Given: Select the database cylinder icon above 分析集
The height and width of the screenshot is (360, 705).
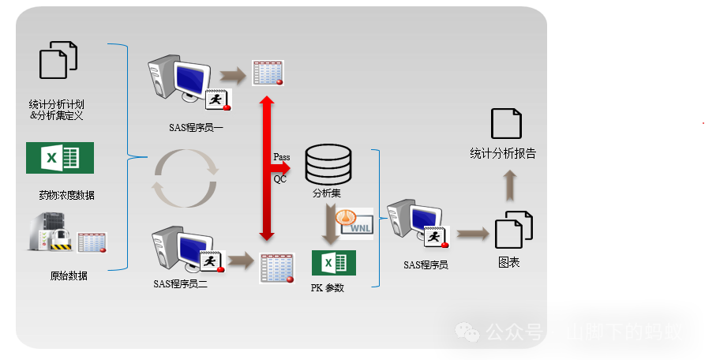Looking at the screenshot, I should (x=327, y=163).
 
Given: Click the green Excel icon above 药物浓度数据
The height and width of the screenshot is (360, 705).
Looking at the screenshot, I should (x=60, y=158).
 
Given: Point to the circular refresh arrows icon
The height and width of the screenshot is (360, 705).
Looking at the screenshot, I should (x=186, y=178).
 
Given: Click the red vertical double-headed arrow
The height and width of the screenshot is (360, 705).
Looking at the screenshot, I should (x=267, y=168).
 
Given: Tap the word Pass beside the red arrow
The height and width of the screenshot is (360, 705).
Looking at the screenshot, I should (x=282, y=157).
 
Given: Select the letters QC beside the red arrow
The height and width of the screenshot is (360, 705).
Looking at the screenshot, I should (x=280, y=179).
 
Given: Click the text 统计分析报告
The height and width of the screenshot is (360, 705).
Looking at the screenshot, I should (x=503, y=154).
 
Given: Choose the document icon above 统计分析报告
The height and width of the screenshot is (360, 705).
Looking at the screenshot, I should (x=507, y=124).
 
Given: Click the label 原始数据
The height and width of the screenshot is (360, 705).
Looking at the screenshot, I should (x=69, y=276).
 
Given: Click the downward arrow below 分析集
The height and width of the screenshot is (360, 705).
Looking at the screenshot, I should (x=330, y=224).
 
